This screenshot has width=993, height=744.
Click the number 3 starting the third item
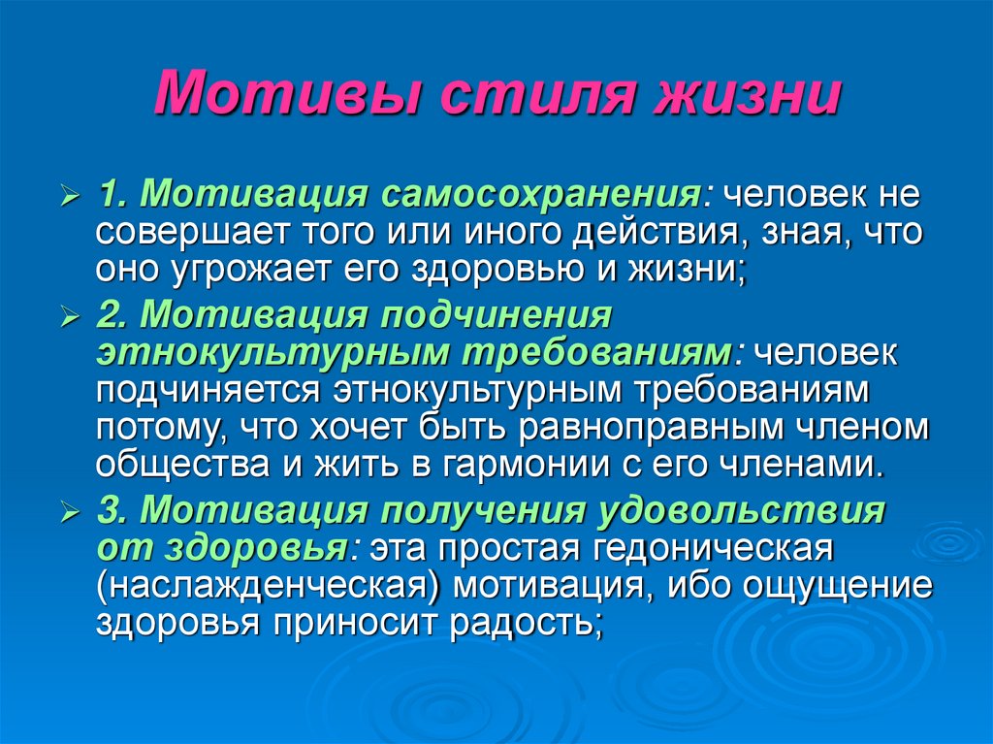(x=106, y=510)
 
